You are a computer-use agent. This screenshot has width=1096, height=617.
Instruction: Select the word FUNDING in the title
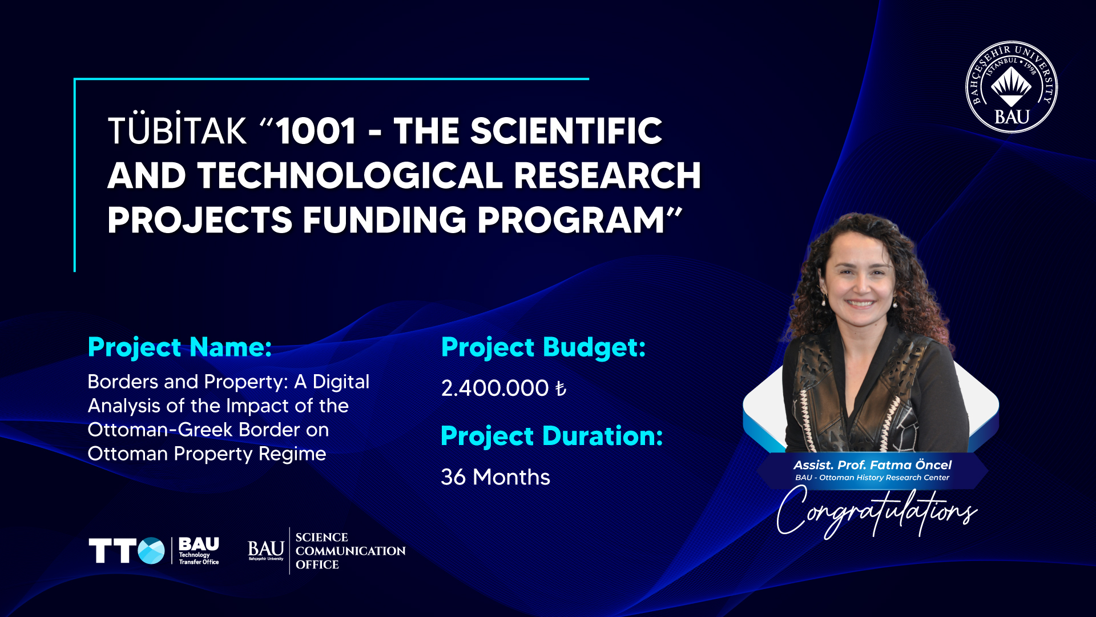tap(384, 220)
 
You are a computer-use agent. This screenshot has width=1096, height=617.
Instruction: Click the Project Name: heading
tap(180, 347)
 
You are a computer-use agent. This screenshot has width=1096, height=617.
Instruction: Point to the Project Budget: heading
tap(543, 347)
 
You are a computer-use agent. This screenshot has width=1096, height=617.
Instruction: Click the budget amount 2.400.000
tap(495, 388)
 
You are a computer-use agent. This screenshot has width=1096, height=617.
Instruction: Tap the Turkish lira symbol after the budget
tap(561, 389)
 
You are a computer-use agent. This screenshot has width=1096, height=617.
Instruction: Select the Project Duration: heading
tap(552, 436)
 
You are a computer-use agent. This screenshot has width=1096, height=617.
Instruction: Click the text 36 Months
tap(495, 477)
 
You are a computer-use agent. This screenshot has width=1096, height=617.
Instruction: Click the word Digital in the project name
tap(341, 382)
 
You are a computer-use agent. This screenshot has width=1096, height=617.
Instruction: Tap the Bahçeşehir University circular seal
tap(1012, 87)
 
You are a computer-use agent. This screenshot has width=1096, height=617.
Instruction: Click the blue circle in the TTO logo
tap(151, 551)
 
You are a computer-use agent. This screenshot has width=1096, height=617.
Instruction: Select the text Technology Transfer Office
tap(199, 558)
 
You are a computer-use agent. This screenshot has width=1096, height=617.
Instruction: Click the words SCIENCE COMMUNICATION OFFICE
tap(350, 551)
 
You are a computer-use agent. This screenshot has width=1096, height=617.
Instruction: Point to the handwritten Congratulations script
tap(877, 511)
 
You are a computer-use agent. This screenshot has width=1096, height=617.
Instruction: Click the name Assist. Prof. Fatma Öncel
tap(872, 465)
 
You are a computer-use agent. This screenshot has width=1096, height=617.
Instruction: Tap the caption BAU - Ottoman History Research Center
tap(872, 478)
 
